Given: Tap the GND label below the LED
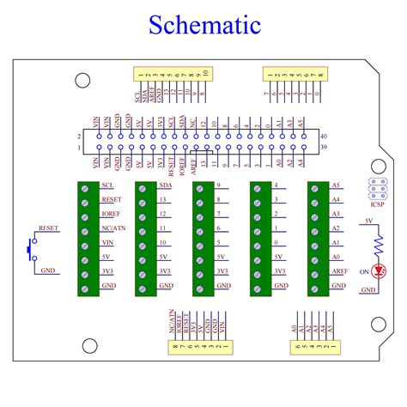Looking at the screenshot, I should pos(368,289).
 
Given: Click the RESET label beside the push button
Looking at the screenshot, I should pos(48,230).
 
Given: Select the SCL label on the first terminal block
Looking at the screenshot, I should pos(107,185).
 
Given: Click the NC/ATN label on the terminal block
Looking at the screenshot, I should pos(114,228).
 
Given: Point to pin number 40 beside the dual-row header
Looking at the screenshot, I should pos(323,137).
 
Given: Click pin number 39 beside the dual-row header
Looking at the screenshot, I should pos(323,149).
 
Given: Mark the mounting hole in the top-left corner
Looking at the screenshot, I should pos(83,81).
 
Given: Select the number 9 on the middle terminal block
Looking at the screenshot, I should pos(219,185).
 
